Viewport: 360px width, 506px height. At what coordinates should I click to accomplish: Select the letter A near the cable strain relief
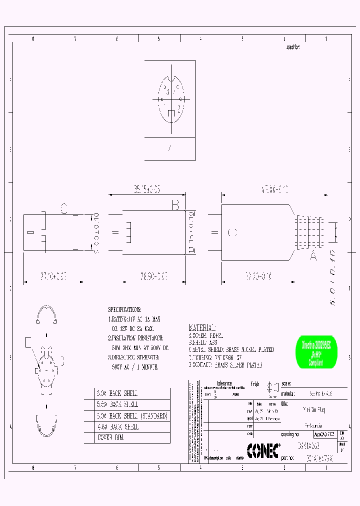click(x=313, y=255)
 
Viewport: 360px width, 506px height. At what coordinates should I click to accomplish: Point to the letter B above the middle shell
click(x=175, y=205)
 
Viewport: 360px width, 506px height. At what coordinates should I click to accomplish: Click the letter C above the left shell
click(x=63, y=208)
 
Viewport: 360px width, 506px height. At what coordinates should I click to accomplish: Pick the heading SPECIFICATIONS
click(x=124, y=309)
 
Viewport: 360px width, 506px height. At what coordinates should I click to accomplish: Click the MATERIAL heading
click(x=202, y=327)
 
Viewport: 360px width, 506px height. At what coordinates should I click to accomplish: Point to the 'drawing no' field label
click(x=290, y=434)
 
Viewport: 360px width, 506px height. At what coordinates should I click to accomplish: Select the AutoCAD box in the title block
click(x=324, y=435)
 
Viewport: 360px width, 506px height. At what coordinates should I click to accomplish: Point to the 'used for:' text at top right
click(x=292, y=47)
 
